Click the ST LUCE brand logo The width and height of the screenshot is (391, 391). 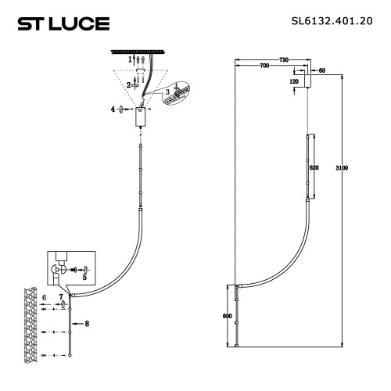(63, 23)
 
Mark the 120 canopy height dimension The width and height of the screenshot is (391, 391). (295, 81)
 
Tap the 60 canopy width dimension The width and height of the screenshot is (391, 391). (321, 70)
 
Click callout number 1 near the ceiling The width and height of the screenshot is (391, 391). (130, 59)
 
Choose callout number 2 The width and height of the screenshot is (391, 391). (130, 85)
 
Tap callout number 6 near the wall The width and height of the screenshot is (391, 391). (46, 297)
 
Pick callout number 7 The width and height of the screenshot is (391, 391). (60, 297)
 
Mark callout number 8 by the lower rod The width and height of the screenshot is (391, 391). (87, 322)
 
